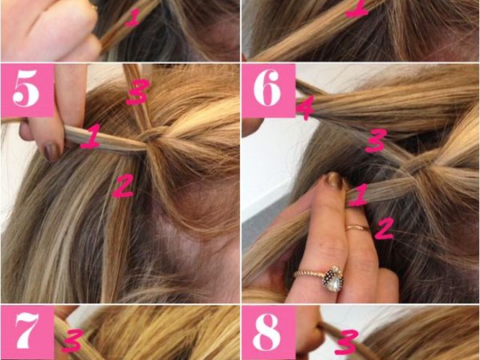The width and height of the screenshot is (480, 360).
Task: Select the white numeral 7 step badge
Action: point(28,332)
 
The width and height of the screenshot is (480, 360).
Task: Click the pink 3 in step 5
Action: point(137,91)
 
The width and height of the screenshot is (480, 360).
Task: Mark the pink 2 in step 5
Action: point(123,185)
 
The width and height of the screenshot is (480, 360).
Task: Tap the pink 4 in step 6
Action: point(305,108)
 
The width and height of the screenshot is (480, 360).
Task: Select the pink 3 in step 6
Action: point(376,140)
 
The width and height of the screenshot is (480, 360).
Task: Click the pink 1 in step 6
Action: point(358,195)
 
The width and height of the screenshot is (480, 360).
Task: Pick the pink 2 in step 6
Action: point(384,228)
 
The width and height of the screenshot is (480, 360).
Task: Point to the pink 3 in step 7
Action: point(72,340)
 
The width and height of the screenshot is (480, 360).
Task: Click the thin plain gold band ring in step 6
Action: point(358,227)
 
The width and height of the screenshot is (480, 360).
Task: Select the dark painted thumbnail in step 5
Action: point(52,151)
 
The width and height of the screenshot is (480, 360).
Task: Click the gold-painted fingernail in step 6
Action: point(334,181)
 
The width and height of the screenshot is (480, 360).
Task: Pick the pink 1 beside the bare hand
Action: point(133,18)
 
